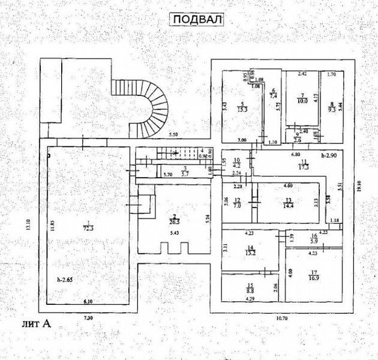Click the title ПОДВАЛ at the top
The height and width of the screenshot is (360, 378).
tap(197, 19)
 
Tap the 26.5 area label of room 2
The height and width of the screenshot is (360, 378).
tap(175, 219)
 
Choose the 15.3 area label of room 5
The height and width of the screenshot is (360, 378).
tap(244, 109)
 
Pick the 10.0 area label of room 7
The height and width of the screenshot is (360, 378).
tap(303, 101)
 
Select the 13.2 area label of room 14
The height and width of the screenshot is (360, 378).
tap(251, 253)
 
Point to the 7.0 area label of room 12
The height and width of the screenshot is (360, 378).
tap(237, 206)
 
